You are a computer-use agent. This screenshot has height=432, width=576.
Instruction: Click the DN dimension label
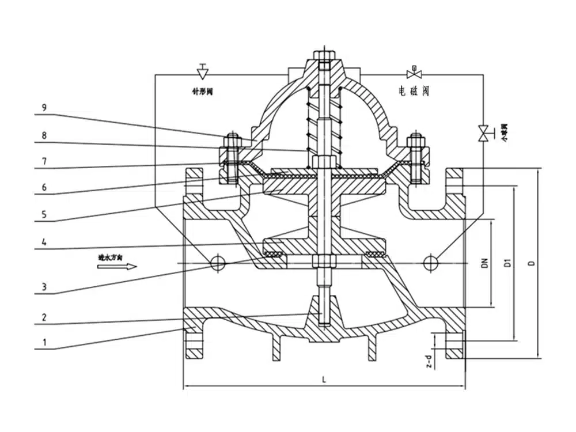tap(485, 263)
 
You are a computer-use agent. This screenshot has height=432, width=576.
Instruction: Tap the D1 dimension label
tap(508, 263)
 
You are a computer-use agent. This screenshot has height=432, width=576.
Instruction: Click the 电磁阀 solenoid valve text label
tap(414, 91)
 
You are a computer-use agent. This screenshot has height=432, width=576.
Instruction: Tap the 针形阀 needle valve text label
tap(202, 91)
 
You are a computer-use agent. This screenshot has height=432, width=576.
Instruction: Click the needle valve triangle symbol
tap(202, 73)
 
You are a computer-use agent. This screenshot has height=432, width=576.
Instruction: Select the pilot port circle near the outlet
tap(429, 263)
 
